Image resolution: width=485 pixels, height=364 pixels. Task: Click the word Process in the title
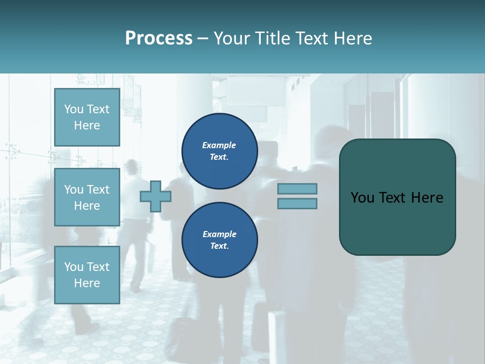click(159, 38)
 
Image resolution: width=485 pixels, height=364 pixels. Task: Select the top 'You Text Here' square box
click(87, 117)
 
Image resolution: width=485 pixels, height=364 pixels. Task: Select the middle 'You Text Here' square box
click(87, 197)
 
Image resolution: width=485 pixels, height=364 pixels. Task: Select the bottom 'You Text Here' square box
click(87, 275)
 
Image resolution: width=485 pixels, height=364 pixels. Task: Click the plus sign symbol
click(156, 196)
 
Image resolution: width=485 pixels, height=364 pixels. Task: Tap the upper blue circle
click(219, 151)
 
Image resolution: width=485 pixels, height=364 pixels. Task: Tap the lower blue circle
click(219, 240)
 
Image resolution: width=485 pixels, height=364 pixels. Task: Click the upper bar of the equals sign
click(297, 189)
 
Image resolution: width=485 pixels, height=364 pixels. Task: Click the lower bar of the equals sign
click(297, 204)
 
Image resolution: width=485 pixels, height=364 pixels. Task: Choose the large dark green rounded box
click(397, 197)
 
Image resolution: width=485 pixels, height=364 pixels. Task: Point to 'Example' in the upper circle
click(219, 145)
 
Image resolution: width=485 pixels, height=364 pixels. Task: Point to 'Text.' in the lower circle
click(219, 246)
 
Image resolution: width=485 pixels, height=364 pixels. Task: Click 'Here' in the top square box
click(87, 125)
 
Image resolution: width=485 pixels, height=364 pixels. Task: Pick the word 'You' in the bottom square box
click(74, 266)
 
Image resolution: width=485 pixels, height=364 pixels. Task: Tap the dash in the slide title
click(203, 38)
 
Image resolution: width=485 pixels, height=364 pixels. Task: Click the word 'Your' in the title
click(232, 38)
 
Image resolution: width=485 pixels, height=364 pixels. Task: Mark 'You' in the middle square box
click(74, 190)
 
